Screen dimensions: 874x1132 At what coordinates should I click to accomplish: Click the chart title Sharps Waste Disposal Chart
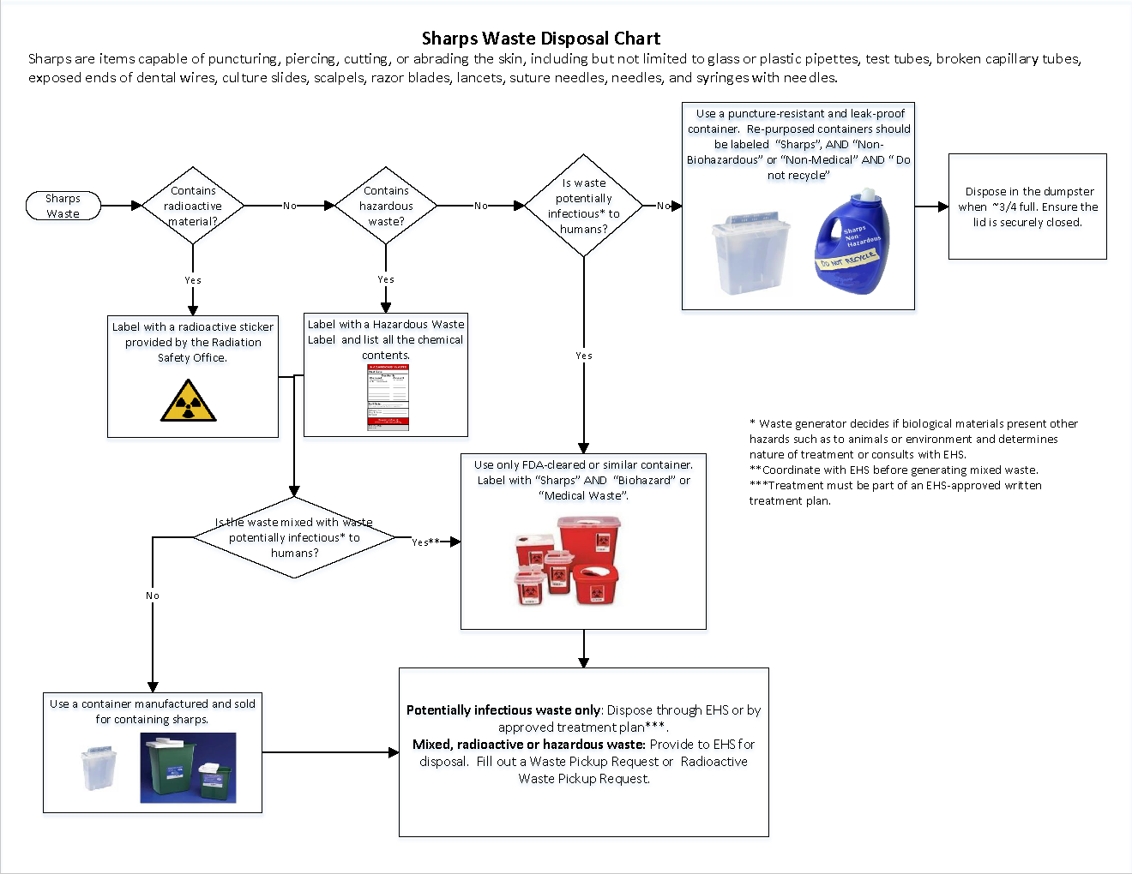[x=540, y=39]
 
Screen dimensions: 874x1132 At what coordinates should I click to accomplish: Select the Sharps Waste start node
[x=63, y=206]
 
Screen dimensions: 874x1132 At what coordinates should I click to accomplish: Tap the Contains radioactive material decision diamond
[x=193, y=206]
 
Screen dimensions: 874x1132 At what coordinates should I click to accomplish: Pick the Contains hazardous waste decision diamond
[x=386, y=206]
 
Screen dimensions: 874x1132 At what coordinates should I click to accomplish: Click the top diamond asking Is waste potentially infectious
[x=583, y=206]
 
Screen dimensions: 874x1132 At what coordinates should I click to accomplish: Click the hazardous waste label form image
[x=388, y=397]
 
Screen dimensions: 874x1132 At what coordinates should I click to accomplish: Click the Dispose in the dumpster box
[x=1027, y=207]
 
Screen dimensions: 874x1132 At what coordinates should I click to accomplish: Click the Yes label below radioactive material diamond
[x=193, y=280]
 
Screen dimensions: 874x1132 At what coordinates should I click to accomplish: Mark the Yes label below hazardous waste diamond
[x=386, y=279]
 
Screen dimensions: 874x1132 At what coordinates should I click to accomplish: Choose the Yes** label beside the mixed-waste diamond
[x=425, y=542]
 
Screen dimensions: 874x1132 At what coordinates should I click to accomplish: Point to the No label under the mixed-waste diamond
[x=153, y=596]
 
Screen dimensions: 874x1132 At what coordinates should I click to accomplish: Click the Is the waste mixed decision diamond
[x=294, y=537]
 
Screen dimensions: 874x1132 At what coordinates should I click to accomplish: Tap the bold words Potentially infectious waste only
[x=503, y=710]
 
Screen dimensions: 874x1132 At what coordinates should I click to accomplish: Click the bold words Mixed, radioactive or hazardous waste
[x=528, y=745]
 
